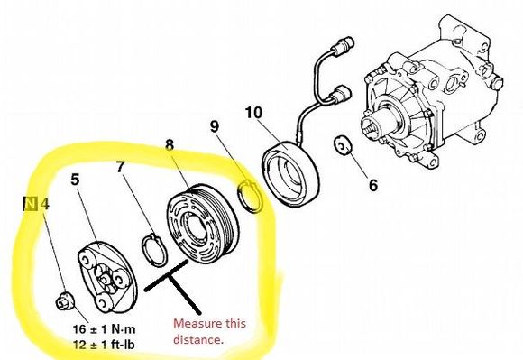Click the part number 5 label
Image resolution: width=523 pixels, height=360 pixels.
click(x=76, y=180)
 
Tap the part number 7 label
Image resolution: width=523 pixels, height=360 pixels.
click(x=121, y=167)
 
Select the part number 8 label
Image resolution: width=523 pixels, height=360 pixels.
click(x=170, y=144)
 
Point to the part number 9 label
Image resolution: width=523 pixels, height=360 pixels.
click(x=215, y=126)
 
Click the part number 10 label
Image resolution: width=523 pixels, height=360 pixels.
click(x=253, y=113)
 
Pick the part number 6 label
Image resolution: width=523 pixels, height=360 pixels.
click(x=373, y=185)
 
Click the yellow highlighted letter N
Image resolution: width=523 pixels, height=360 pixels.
click(x=31, y=204)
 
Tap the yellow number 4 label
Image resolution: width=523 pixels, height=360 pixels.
click(x=45, y=204)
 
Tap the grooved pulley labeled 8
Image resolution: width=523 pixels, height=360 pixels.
click(x=202, y=223)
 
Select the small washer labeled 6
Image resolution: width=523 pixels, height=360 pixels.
click(x=343, y=145)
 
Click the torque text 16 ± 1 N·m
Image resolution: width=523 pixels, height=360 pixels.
click(x=105, y=329)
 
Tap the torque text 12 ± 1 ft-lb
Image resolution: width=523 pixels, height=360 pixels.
click(x=105, y=345)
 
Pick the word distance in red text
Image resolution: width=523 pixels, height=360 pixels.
click(x=197, y=339)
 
